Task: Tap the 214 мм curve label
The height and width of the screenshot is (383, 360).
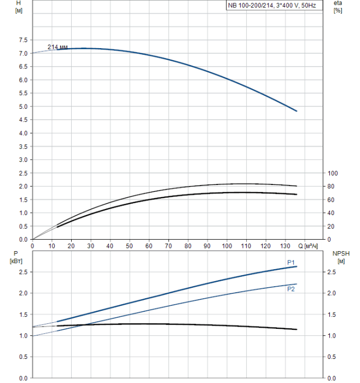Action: click(x=57, y=48)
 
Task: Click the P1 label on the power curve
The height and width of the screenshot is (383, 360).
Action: click(x=291, y=263)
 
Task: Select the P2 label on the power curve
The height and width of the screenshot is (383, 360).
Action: click(x=291, y=289)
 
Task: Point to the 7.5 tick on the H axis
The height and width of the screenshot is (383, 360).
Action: click(x=22, y=40)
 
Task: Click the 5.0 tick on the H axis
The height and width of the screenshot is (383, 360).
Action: click(x=22, y=107)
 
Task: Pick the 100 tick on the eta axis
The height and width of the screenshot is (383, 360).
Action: click(x=333, y=173)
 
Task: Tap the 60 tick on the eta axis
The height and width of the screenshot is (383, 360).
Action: click(x=332, y=200)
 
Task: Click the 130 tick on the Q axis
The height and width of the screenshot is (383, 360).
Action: click(x=285, y=246)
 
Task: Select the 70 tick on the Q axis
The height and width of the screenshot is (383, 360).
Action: click(x=169, y=246)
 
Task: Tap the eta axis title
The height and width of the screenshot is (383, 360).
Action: click(x=338, y=7)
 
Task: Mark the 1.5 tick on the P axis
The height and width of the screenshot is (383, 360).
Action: click(x=22, y=315)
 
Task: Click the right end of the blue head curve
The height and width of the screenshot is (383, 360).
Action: click(x=296, y=111)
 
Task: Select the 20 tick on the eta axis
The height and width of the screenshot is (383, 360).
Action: click(x=332, y=227)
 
